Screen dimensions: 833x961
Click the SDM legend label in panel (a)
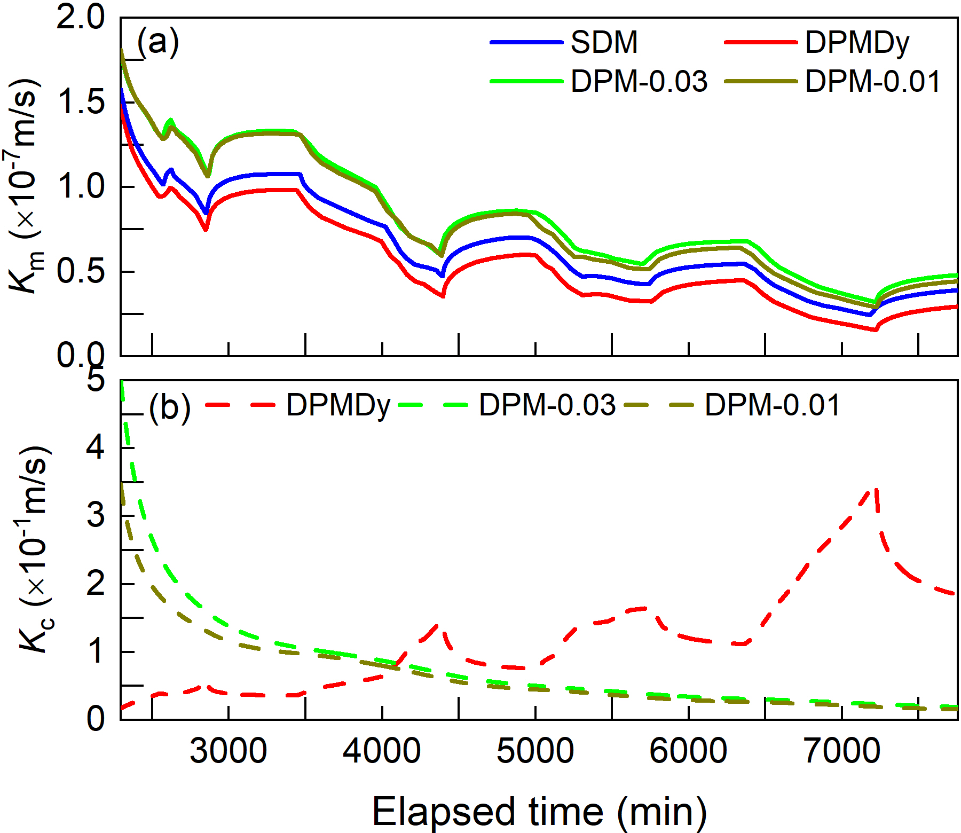click(x=604, y=42)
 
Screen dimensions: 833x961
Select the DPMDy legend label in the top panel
click(x=857, y=42)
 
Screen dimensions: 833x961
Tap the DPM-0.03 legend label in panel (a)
click(x=639, y=82)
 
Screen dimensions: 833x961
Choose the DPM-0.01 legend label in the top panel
click(x=872, y=82)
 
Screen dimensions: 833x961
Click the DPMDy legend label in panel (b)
click(x=338, y=405)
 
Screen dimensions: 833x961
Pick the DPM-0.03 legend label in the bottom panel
click(x=547, y=405)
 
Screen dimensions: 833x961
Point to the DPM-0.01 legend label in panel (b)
click(x=773, y=405)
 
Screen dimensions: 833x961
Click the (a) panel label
click(x=158, y=41)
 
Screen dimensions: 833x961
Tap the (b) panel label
click(x=170, y=408)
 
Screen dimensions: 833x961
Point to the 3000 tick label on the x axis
click(x=229, y=751)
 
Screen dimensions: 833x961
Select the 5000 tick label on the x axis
click(x=535, y=751)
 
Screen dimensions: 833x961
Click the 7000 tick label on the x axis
click(x=842, y=751)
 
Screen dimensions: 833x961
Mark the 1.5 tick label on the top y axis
click(x=81, y=101)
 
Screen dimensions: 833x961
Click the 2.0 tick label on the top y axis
click(x=81, y=18)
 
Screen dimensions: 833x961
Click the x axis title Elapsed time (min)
click(x=539, y=812)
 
